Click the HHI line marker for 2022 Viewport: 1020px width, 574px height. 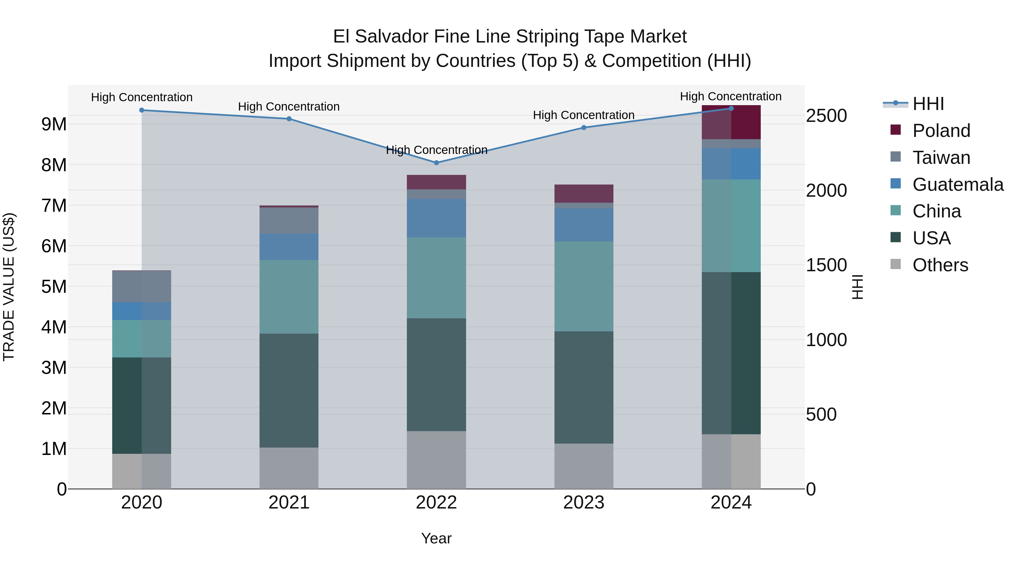click(x=436, y=163)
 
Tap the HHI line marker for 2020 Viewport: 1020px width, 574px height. click(x=142, y=110)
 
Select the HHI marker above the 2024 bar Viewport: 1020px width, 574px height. click(x=731, y=109)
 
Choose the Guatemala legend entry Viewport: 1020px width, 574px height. click(x=957, y=185)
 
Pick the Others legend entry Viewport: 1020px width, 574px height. click(x=940, y=265)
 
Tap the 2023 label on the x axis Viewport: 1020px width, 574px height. click(x=584, y=503)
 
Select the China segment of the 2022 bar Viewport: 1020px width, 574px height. click(x=436, y=277)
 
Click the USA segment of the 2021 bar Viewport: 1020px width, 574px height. click(x=289, y=390)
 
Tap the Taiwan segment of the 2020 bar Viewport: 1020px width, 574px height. click(x=142, y=286)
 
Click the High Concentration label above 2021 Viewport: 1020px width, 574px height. click(x=289, y=107)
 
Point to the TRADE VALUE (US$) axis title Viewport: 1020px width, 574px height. click(x=9, y=287)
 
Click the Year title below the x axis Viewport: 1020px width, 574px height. click(x=436, y=538)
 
